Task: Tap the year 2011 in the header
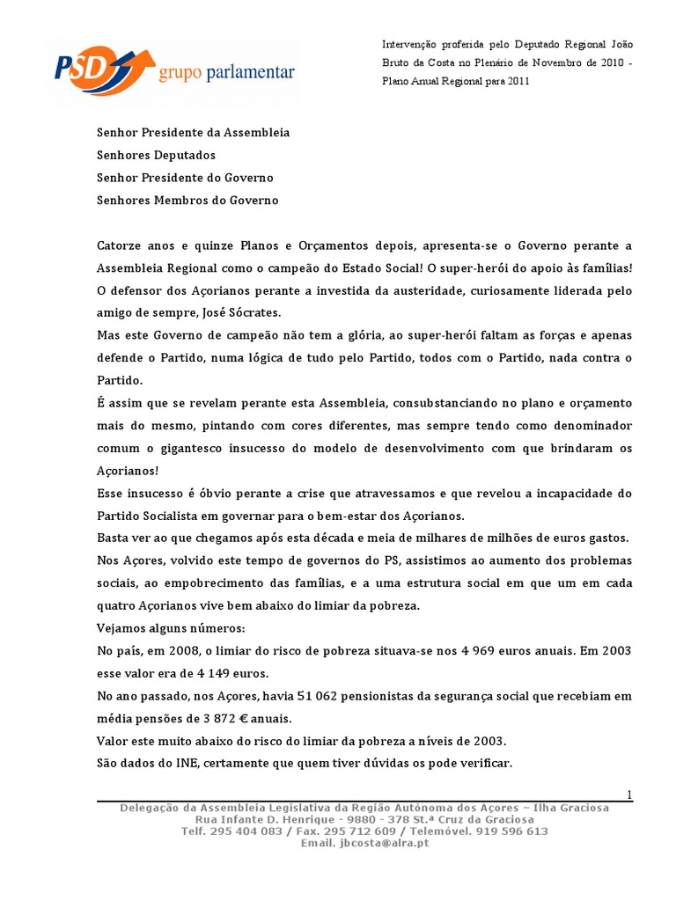click(x=516, y=81)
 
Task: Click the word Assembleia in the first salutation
click(x=258, y=132)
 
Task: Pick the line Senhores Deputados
click(x=156, y=155)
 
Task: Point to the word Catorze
click(x=120, y=245)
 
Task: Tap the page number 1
click(x=629, y=795)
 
